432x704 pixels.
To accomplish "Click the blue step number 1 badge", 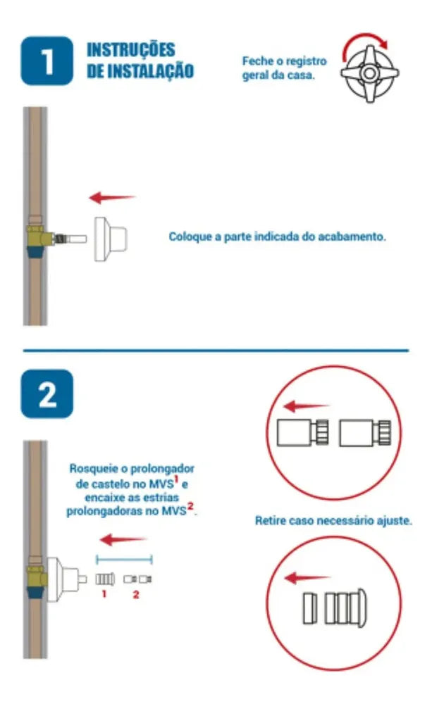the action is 47,61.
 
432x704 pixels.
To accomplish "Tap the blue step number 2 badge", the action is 47,394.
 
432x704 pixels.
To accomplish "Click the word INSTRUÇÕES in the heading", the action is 131,49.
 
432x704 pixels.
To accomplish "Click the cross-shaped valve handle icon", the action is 369,73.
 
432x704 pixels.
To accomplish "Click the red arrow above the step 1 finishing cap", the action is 112,197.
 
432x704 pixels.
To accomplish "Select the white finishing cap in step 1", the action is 110,239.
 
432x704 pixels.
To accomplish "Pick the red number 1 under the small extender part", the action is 104,594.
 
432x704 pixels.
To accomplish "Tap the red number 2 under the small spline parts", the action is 136,594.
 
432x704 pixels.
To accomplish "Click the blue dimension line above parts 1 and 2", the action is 125,560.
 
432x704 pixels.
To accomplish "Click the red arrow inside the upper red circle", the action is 306,406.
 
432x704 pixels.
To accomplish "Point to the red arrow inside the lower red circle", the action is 307,577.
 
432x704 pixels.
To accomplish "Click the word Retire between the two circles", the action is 270,521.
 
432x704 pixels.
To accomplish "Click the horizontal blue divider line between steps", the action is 216,350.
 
